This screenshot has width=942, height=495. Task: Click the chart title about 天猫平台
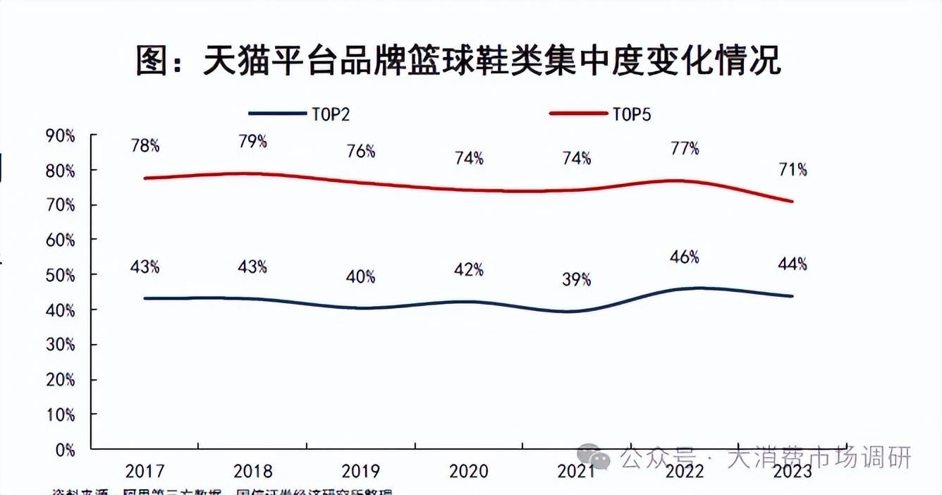[458, 62]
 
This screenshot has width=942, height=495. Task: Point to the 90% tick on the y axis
[61, 135]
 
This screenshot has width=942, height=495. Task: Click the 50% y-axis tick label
[61, 275]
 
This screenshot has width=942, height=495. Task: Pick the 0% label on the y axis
[64, 449]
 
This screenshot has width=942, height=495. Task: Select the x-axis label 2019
[360, 471]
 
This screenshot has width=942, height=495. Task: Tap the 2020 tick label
[468, 471]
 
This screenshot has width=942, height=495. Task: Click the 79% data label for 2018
[252, 142]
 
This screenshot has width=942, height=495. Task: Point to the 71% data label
[793, 170]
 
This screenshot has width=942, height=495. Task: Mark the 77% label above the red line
[685, 149]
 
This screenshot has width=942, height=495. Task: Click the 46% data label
[685, 257]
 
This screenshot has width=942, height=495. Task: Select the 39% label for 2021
[577, 280]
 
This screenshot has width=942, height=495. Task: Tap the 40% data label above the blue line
[360, 276]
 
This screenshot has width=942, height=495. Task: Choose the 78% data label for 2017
[145, 146]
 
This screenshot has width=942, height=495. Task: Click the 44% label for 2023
[793, 264]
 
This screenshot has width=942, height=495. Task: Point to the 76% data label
[360, 152]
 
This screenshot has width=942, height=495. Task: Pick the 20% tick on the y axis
[61, 379]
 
